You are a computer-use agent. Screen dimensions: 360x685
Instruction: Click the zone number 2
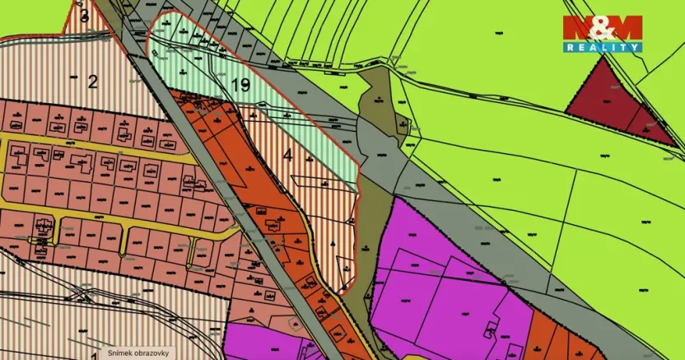tap(93, 81)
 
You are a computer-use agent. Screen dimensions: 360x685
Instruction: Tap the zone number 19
tap(241, 85)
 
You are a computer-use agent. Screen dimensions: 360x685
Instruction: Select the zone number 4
tap(287, 153)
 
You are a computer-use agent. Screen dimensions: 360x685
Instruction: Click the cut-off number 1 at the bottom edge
tap(94, 356)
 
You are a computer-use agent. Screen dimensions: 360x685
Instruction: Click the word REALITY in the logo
tap(602, 48)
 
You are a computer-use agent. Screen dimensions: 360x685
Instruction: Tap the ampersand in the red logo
tap(601, 27)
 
